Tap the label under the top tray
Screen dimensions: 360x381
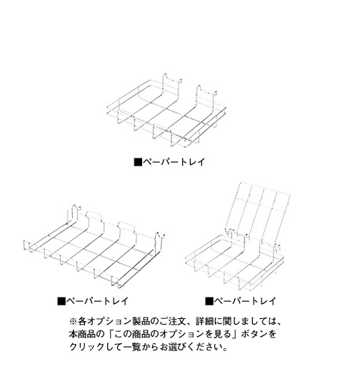169,162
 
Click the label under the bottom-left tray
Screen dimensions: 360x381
93,301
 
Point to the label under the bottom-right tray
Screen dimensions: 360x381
241,301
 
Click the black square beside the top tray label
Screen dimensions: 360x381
138,162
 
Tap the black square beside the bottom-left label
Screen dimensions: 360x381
61,301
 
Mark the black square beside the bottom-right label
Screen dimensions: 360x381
209,301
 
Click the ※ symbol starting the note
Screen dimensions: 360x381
74,322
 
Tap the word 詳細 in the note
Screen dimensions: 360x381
206,322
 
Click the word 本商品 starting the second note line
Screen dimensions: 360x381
82,334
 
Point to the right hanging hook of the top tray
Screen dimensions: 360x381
206,97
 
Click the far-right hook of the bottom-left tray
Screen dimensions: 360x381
159,240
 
